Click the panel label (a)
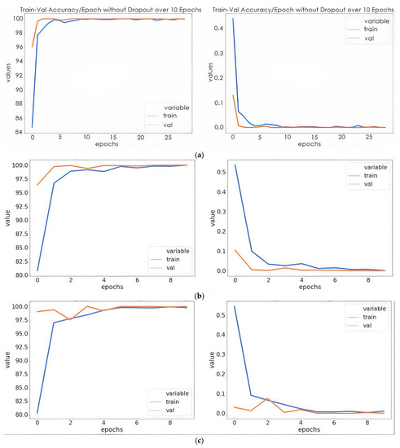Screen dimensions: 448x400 pyautogui.click(x=200, y=152)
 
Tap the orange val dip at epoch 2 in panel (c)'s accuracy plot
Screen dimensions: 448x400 pyautogui.click(x=71, y=319)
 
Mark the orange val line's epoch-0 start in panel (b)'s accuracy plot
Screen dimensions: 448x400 pyautogui.click(x=37, y=185)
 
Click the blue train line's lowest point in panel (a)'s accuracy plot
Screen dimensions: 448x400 pyautogui.click(x=32, y=127)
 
